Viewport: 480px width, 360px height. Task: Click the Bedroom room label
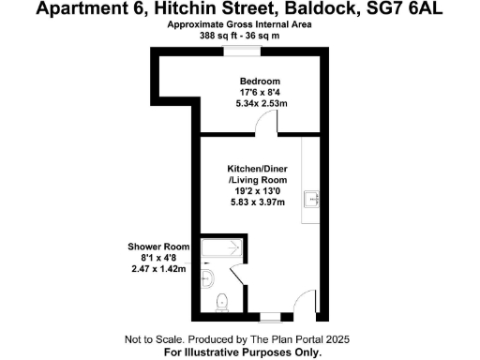click(252, 80)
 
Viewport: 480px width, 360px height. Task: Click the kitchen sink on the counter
click(314, 199)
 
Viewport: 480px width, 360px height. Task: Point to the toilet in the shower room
click(221, 301)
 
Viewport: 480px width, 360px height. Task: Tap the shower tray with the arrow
click(223, 248)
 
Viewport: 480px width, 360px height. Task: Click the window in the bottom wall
click(269, 316)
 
